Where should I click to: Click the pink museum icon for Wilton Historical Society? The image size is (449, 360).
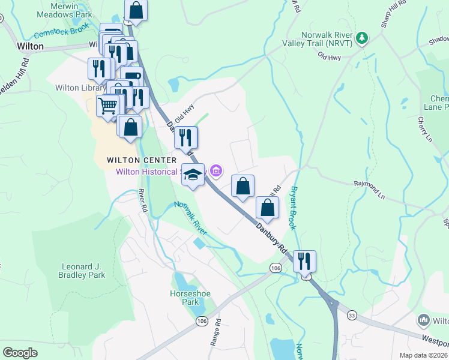pos(216,172)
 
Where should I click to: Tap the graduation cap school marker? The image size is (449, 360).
pos(193,175)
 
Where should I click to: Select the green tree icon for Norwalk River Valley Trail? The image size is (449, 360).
pos(361,38)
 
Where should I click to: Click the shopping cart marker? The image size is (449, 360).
pos(107,106)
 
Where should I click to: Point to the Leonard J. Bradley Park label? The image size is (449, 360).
pos(83,271)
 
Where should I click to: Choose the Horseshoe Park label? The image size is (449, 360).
pos(182,298)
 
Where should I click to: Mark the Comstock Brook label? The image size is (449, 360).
pos(61,30)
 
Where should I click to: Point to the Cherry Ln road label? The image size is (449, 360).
pos(425,131)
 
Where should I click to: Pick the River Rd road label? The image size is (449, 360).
pos(143,201)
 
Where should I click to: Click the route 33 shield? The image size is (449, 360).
pos(352,315)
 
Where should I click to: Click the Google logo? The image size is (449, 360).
pos(20,353)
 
